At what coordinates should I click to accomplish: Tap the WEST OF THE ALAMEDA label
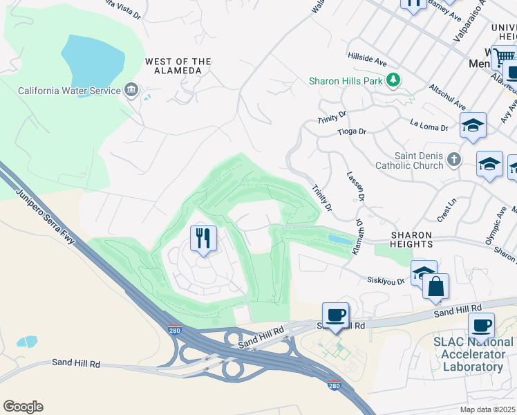click(178, 66)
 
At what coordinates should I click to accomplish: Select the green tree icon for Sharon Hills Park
click(393, 81)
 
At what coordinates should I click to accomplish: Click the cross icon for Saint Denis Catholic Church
click(453, 160)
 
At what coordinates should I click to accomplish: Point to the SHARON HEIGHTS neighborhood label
click(404, 239)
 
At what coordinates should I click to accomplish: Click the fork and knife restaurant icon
click(203, 239)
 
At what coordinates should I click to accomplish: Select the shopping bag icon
click(435, 286)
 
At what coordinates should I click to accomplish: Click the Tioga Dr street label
click(351, 131)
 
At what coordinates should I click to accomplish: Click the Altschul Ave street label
click(446, 98)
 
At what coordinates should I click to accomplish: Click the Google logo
click(23, 407)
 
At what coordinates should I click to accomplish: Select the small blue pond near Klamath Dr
click(339, 239)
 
